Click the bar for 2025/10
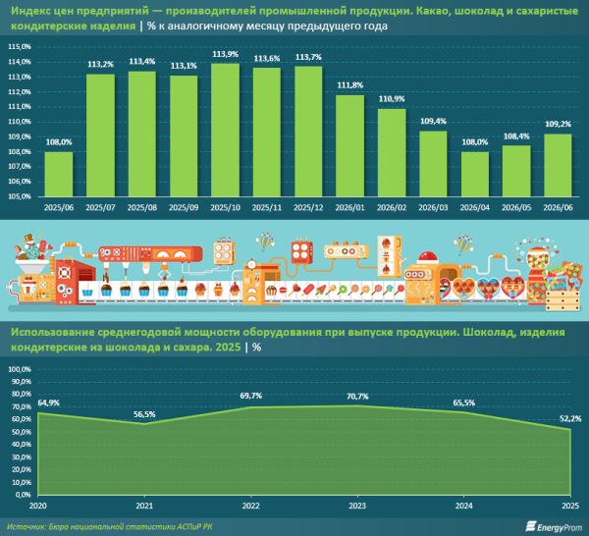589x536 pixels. [x=225, y=130]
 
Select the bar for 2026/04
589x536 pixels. [x=475, y=174]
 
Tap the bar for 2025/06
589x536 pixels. [x=59, y=174]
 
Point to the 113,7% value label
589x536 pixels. [x=308, y=57]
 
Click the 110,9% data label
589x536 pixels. [x=392, y=99]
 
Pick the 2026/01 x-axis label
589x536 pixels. [x=349, y=208]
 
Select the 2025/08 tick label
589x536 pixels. [x=141, y=208]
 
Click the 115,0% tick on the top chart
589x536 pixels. [x=20, y=47]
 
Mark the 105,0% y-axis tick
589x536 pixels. [x=20, y=196]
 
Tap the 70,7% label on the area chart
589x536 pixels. [x=357, y=397]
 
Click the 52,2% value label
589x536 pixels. [x=570, y=418]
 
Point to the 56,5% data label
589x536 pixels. [x=144, y=414]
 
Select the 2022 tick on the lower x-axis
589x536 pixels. [x=250, y=506]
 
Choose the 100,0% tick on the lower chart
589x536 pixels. [x=20, y=369]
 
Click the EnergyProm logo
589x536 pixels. [x=554, y=526]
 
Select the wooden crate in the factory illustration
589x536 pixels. [x=562, y=299]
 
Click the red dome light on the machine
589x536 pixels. [x=427, y=257]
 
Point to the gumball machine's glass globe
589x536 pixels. [x=538, y=260]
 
